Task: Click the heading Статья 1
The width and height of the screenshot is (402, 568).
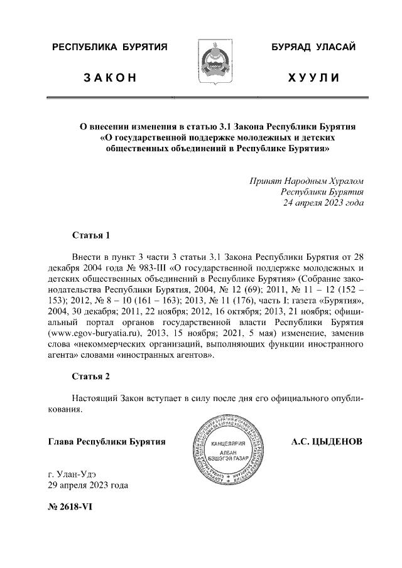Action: coord(91,236)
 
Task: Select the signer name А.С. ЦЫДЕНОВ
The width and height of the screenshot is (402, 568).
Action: coord(327,442)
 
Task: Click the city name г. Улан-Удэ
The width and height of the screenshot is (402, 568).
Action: coord(73,474)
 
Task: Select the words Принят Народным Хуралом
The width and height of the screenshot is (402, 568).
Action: coord(307,181)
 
